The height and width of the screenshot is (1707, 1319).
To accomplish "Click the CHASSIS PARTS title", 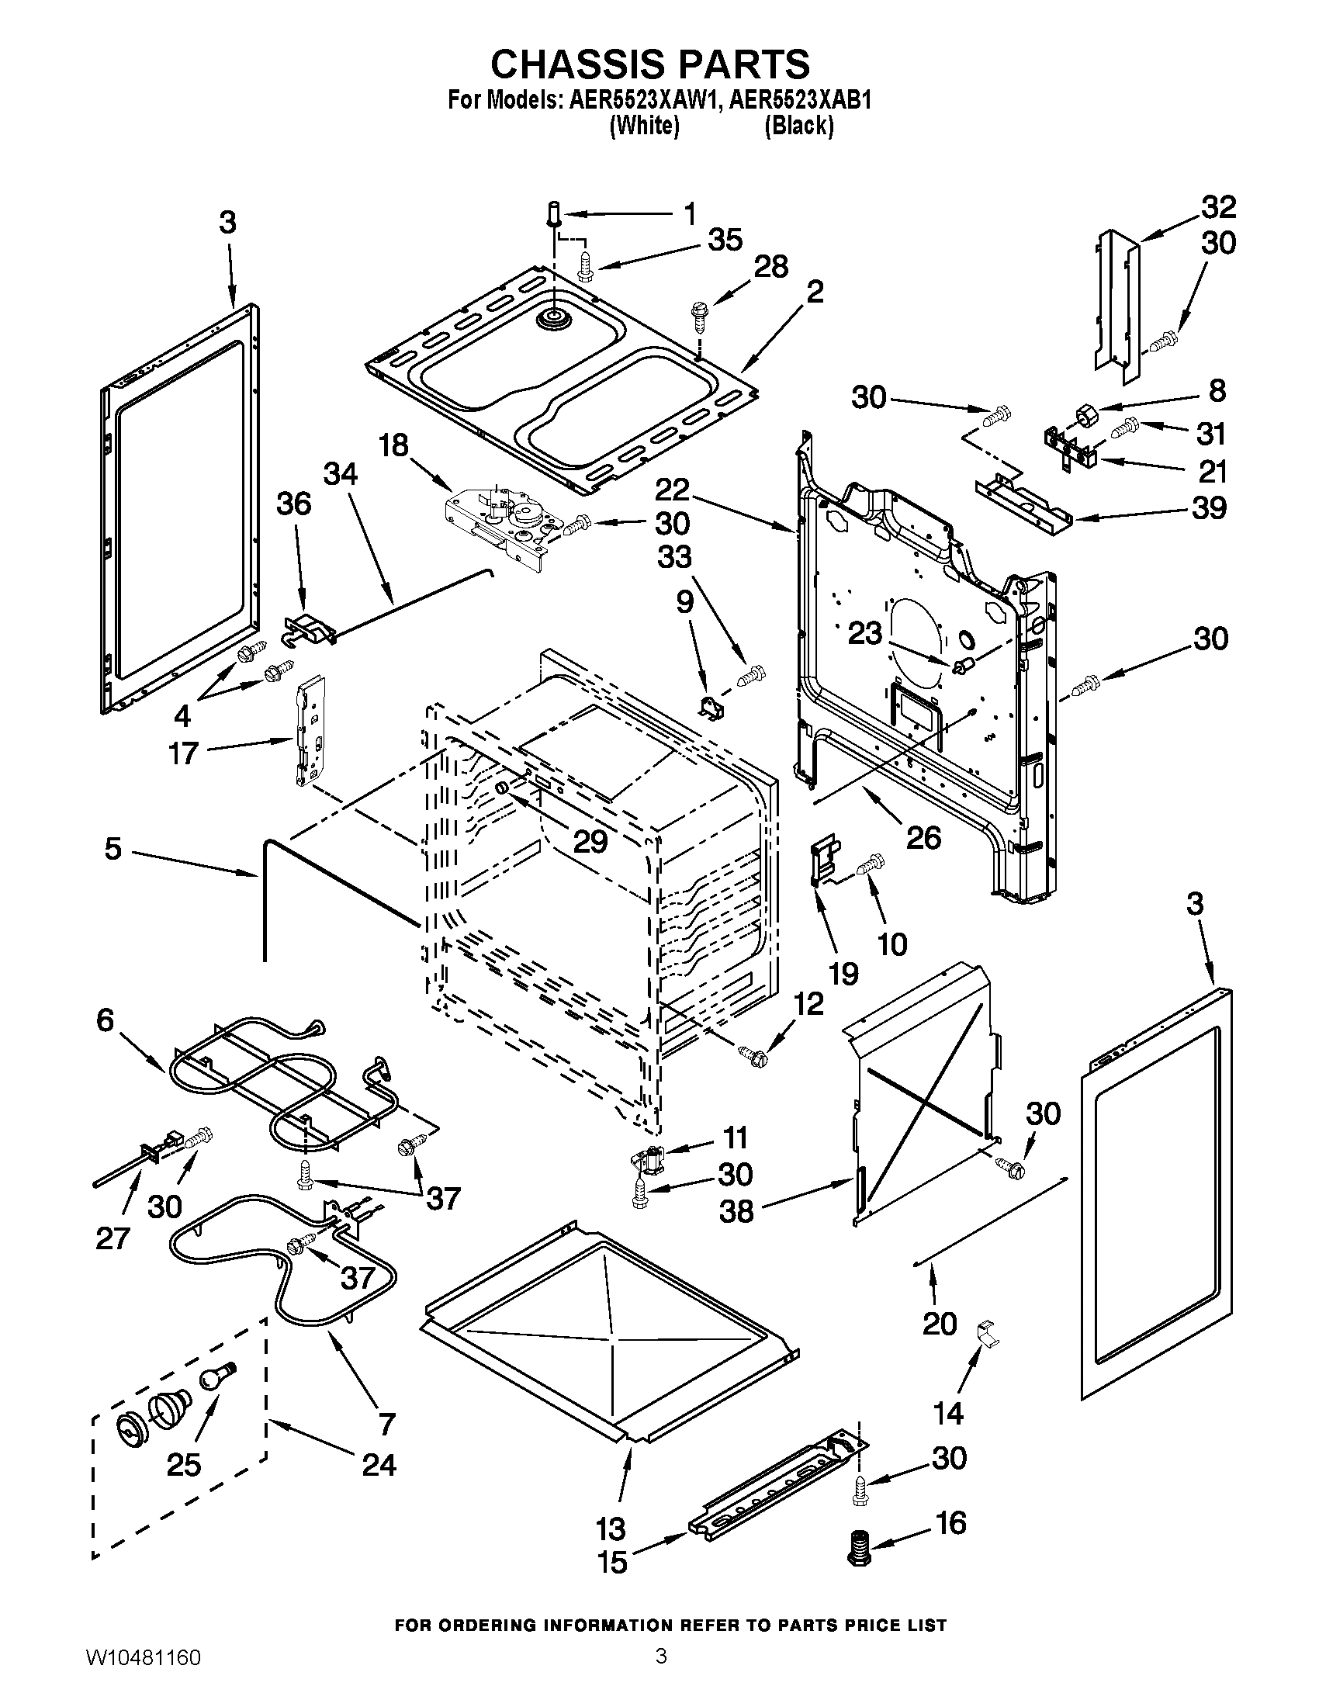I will pyautogui.click(x=650, y=64).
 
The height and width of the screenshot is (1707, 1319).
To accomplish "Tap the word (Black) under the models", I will pyautogui.click(x=798, y=126).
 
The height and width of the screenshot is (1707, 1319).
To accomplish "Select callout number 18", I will pyautogui.click(x=394, y=446).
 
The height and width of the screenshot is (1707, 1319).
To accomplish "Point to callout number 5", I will pyautogui.click(x=113, y=849).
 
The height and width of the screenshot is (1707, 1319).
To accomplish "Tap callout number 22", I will pyautogui.click(x=672, y=491).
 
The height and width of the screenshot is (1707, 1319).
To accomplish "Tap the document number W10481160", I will pyautogui.click(x=142, y=1677).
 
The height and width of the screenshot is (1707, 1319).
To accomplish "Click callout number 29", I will pyautogui.click(x=590, y=841).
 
